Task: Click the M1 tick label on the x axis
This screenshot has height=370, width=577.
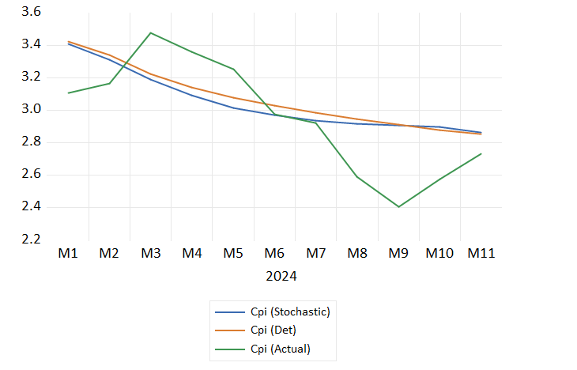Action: click(68, 254)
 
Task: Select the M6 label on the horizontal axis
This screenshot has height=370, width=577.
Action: click(274, 254)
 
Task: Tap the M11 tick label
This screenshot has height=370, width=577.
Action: click(481, 254)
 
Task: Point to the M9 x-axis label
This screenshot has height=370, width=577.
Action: click(398, 254)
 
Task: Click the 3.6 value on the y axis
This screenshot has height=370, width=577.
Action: click(32, 13)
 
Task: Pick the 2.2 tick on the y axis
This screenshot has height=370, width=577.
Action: click(32, 240)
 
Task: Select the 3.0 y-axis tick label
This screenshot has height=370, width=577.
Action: click(32, 110)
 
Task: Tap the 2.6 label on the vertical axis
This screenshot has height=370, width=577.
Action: click(32, 175)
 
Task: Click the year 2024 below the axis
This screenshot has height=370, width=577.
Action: click(281, 277)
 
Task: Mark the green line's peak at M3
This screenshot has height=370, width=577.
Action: click(150, 33)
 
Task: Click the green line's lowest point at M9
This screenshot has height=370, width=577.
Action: click(398, 207)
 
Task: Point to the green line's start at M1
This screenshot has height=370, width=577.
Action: click(68, 93)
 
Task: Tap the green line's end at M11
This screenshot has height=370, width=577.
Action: click(481, 153)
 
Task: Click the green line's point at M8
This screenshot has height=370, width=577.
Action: click(357, 176)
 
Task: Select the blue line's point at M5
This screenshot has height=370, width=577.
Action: click(233, 108)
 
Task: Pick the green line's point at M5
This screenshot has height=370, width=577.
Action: click(233, 69)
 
